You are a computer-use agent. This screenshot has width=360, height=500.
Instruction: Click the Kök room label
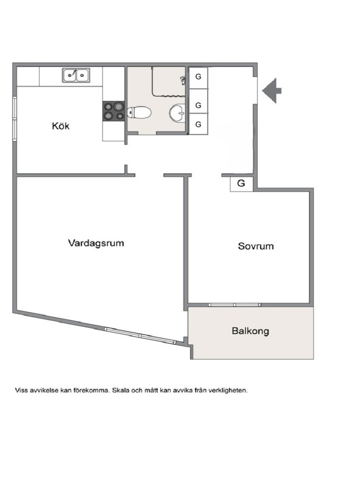pos(61,126)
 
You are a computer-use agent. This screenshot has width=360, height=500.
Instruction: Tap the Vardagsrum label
pos(96,243)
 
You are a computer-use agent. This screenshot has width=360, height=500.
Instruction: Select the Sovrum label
pos(256,246)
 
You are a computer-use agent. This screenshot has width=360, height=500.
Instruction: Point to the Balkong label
pos(250,331)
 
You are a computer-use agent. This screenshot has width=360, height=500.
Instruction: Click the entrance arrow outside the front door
pos(272,91)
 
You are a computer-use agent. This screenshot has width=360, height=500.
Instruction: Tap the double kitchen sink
pos(76,75)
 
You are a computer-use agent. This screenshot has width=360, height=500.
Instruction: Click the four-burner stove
pos(114,111)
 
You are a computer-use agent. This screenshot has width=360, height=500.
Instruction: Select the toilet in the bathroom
pos(139,112)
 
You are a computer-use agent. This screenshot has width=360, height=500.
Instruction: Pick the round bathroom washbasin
pos(177,113)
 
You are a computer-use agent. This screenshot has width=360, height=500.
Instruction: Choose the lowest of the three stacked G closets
pos(199,124)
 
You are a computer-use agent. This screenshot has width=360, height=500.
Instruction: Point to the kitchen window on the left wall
pos(15,119)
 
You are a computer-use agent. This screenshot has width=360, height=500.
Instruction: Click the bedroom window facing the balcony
pos(235,305)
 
